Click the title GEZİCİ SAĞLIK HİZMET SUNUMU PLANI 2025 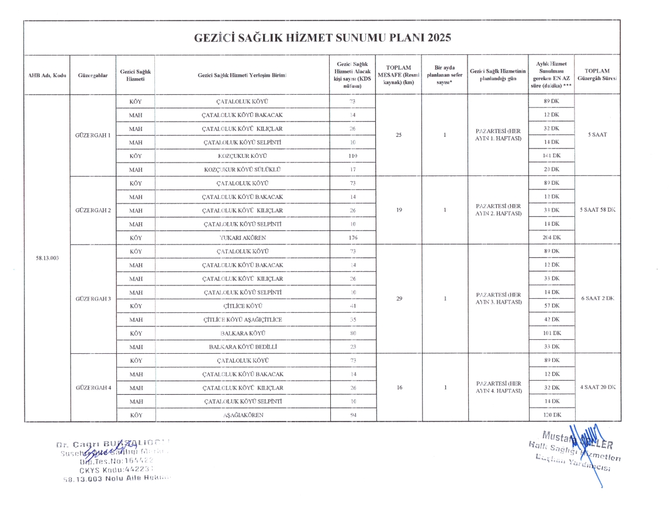pos(323,38)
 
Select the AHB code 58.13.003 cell pos(47,258)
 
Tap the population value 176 pos(352,237)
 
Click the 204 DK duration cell pos(551,237)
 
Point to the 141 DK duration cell pos(551,156)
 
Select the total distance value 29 pos(399,299)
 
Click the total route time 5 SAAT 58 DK pos(597,210)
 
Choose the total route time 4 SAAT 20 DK pos(597,387)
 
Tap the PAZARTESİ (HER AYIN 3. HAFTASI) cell pos(498,298)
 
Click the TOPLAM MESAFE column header pos(399,75)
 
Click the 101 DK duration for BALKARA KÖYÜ pos(551,333)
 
